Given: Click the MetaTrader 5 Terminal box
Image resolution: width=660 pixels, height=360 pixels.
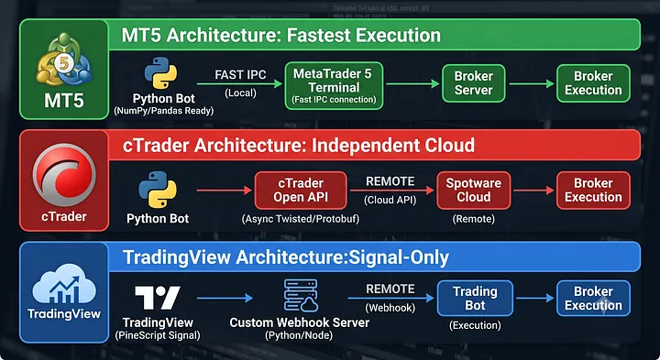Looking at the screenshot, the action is (x=334, y=86).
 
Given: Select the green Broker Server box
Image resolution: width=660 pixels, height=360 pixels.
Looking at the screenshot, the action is (x=474, y=83).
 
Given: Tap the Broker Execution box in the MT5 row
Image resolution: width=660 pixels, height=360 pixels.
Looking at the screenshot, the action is (x=593, y=83).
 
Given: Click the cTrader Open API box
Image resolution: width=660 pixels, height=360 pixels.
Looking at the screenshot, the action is (x=301, y=191).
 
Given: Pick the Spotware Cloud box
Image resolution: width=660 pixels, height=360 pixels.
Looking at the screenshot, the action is (x=474, y=191).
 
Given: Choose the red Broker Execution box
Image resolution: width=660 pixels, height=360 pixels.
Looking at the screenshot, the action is (x=593, y=191).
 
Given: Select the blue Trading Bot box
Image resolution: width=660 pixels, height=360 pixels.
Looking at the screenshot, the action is (x=475, y=299).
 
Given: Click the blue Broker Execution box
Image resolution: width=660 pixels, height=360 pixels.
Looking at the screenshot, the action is (x=593, y=299).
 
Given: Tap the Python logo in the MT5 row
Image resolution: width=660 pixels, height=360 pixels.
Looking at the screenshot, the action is (x=160, y=73).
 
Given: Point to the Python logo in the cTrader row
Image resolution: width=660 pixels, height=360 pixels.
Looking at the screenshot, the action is (x=158, y=190).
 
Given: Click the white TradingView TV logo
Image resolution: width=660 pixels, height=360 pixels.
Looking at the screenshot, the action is (x=158, y=298).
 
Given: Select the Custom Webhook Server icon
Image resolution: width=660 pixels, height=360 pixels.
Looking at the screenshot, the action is (x=300, y=295).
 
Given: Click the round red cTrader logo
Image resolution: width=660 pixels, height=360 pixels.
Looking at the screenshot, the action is (x=64, y=175).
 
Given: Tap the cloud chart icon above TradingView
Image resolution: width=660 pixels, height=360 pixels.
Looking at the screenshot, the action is (x=64, y=283).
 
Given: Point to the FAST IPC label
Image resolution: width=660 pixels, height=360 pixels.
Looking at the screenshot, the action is (x=240, y=75).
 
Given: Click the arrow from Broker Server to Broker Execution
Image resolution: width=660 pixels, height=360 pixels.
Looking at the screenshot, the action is (x=531, y=84).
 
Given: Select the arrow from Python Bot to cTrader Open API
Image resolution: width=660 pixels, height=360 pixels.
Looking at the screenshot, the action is (x=224, y=191).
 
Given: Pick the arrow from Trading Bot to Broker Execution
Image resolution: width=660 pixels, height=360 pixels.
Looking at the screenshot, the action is (x=535, y=299).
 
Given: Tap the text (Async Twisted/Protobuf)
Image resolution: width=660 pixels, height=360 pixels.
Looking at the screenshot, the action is (x=301, y=219).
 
